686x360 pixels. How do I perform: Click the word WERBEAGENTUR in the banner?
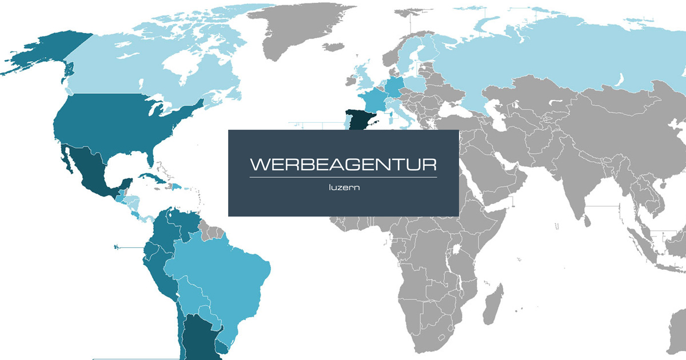pyautogui.click(x=343, y=165)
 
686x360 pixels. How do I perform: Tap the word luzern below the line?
pyautogui.click(x=343, y=187)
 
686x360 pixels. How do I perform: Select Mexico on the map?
pyautogui.click(x=91, y=171)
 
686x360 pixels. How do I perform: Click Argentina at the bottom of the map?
pyautogui.click(x=197, y=337)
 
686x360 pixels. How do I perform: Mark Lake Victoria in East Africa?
pyautogui.click(x=457, y=250)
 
